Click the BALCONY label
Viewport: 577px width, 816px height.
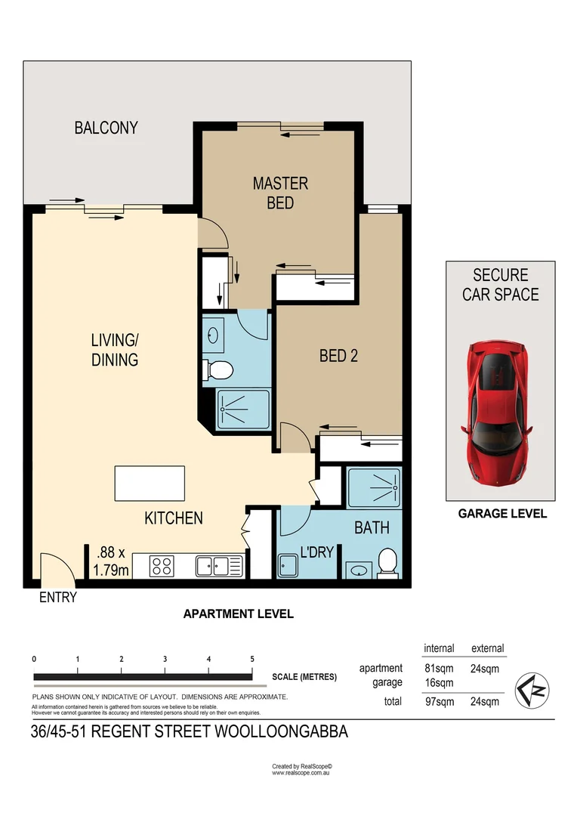click(x=106, y=128)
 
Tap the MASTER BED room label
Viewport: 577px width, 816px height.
click(x=280, y=193)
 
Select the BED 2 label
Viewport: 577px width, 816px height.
click(x=338, y=355)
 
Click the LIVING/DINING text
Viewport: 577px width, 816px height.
click(x=115, y=350)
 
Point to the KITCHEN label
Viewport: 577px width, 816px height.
click(x=174, y=518)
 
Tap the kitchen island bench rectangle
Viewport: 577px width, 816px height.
click(x=150, y=483)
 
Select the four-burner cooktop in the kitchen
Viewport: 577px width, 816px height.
click(x=162, y=565)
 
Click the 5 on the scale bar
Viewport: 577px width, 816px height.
click(x=251, y=660)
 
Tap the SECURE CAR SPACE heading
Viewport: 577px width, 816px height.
click(x=501, y=284)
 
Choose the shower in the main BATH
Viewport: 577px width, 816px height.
click(x=373, y=487)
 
